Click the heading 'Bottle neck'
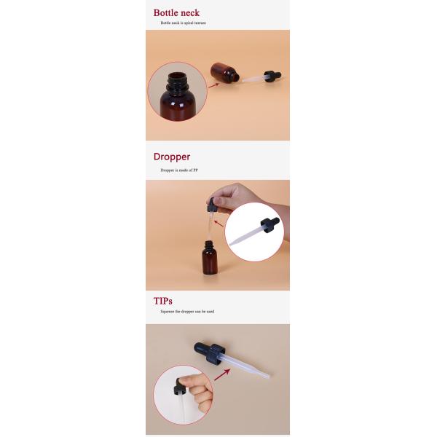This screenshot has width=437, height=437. point(176,13)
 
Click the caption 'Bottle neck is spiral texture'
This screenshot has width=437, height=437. point(184,23)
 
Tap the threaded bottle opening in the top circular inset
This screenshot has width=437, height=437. point(177,79)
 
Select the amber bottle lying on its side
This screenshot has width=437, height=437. point(224,73)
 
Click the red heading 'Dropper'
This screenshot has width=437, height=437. point(171,157)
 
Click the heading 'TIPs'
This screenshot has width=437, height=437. point(163,300)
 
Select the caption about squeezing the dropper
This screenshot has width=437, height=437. point(187,312)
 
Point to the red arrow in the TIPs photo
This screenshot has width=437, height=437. point(221,375)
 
